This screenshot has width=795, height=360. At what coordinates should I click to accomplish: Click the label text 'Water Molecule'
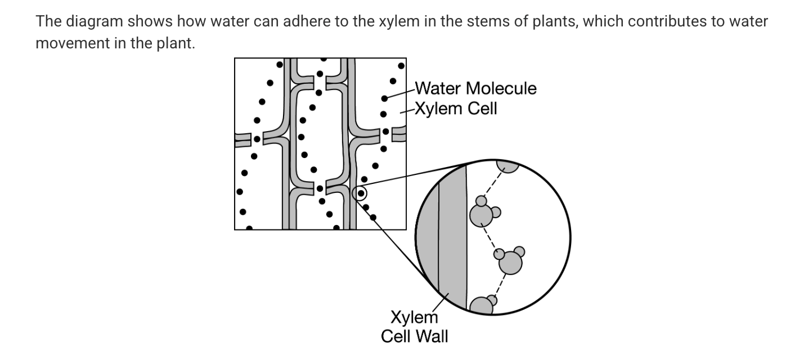(475, 88)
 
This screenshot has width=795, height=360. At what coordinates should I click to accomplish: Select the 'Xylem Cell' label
(456, 108)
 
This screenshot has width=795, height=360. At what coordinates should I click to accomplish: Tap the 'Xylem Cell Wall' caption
(415, 327)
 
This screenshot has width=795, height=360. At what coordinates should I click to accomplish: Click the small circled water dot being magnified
(360, 193)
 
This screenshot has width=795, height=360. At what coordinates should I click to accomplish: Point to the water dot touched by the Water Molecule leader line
(384, 98)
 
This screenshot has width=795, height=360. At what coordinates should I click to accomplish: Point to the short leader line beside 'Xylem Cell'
(406, 111)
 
